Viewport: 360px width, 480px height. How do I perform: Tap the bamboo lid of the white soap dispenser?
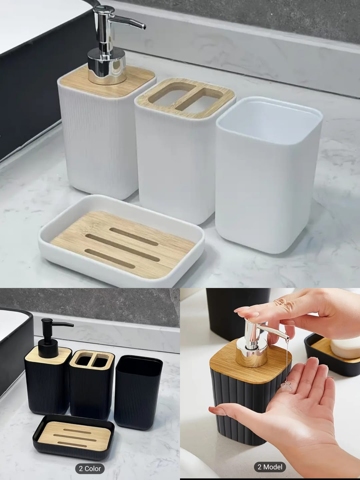click(x=107, y=81)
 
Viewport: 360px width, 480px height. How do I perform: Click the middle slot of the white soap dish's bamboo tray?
click(x=122, y=247)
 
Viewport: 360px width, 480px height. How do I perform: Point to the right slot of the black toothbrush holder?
click(x=101, y=363)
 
